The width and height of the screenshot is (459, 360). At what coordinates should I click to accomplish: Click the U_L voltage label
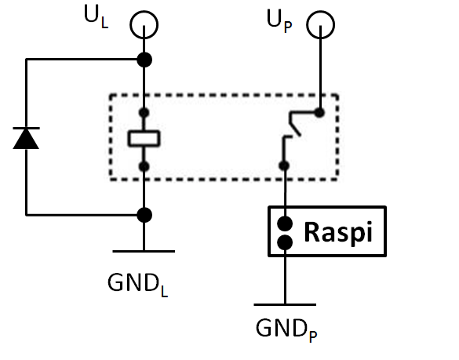[x=97, y=17]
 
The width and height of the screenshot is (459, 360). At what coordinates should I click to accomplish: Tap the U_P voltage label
[x=279, y=20]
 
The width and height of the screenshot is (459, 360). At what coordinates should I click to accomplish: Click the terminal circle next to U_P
[x=321, y=11]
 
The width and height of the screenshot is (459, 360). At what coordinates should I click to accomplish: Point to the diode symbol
[x=26, y=138]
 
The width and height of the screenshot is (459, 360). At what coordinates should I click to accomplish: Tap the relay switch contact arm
[x=294, y=124]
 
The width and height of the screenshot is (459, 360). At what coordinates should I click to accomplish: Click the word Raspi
[x=338, y=232]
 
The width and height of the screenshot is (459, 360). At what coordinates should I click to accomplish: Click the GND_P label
[x=286, y=330]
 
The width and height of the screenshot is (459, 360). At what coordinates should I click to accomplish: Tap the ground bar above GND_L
[x=144, y=252]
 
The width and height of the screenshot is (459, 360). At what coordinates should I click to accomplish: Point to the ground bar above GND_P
[x=285, y=304]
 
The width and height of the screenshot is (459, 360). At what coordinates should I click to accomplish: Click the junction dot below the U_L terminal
[x=144, y=60]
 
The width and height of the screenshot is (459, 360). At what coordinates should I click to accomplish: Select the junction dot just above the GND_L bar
[x=144, y=215]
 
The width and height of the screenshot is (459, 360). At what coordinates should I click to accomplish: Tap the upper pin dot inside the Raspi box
[x=285, y=224]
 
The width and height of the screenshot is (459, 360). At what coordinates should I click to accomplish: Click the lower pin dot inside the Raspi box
[x=285, y=242]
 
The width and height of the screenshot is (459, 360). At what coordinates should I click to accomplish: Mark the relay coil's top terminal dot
[x=144, y=113]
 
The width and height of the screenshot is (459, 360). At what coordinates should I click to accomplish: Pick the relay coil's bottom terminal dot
[x=144, y=166]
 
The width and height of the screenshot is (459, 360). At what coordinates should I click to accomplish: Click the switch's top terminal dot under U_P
[x=319, y=112]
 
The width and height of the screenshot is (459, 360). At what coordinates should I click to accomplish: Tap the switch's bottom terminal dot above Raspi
[x=284, y=166]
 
